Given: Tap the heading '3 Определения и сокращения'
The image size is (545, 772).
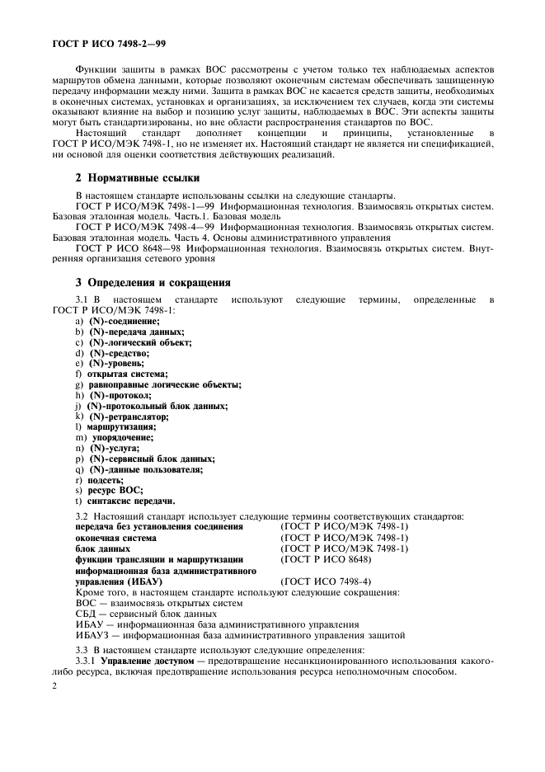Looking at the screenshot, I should click(x=153, y=282).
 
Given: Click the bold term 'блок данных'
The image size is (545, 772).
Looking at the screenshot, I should click(x=102, y=548).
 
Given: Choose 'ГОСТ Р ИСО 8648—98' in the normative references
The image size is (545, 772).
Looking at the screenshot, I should click(x=124, y=247).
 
